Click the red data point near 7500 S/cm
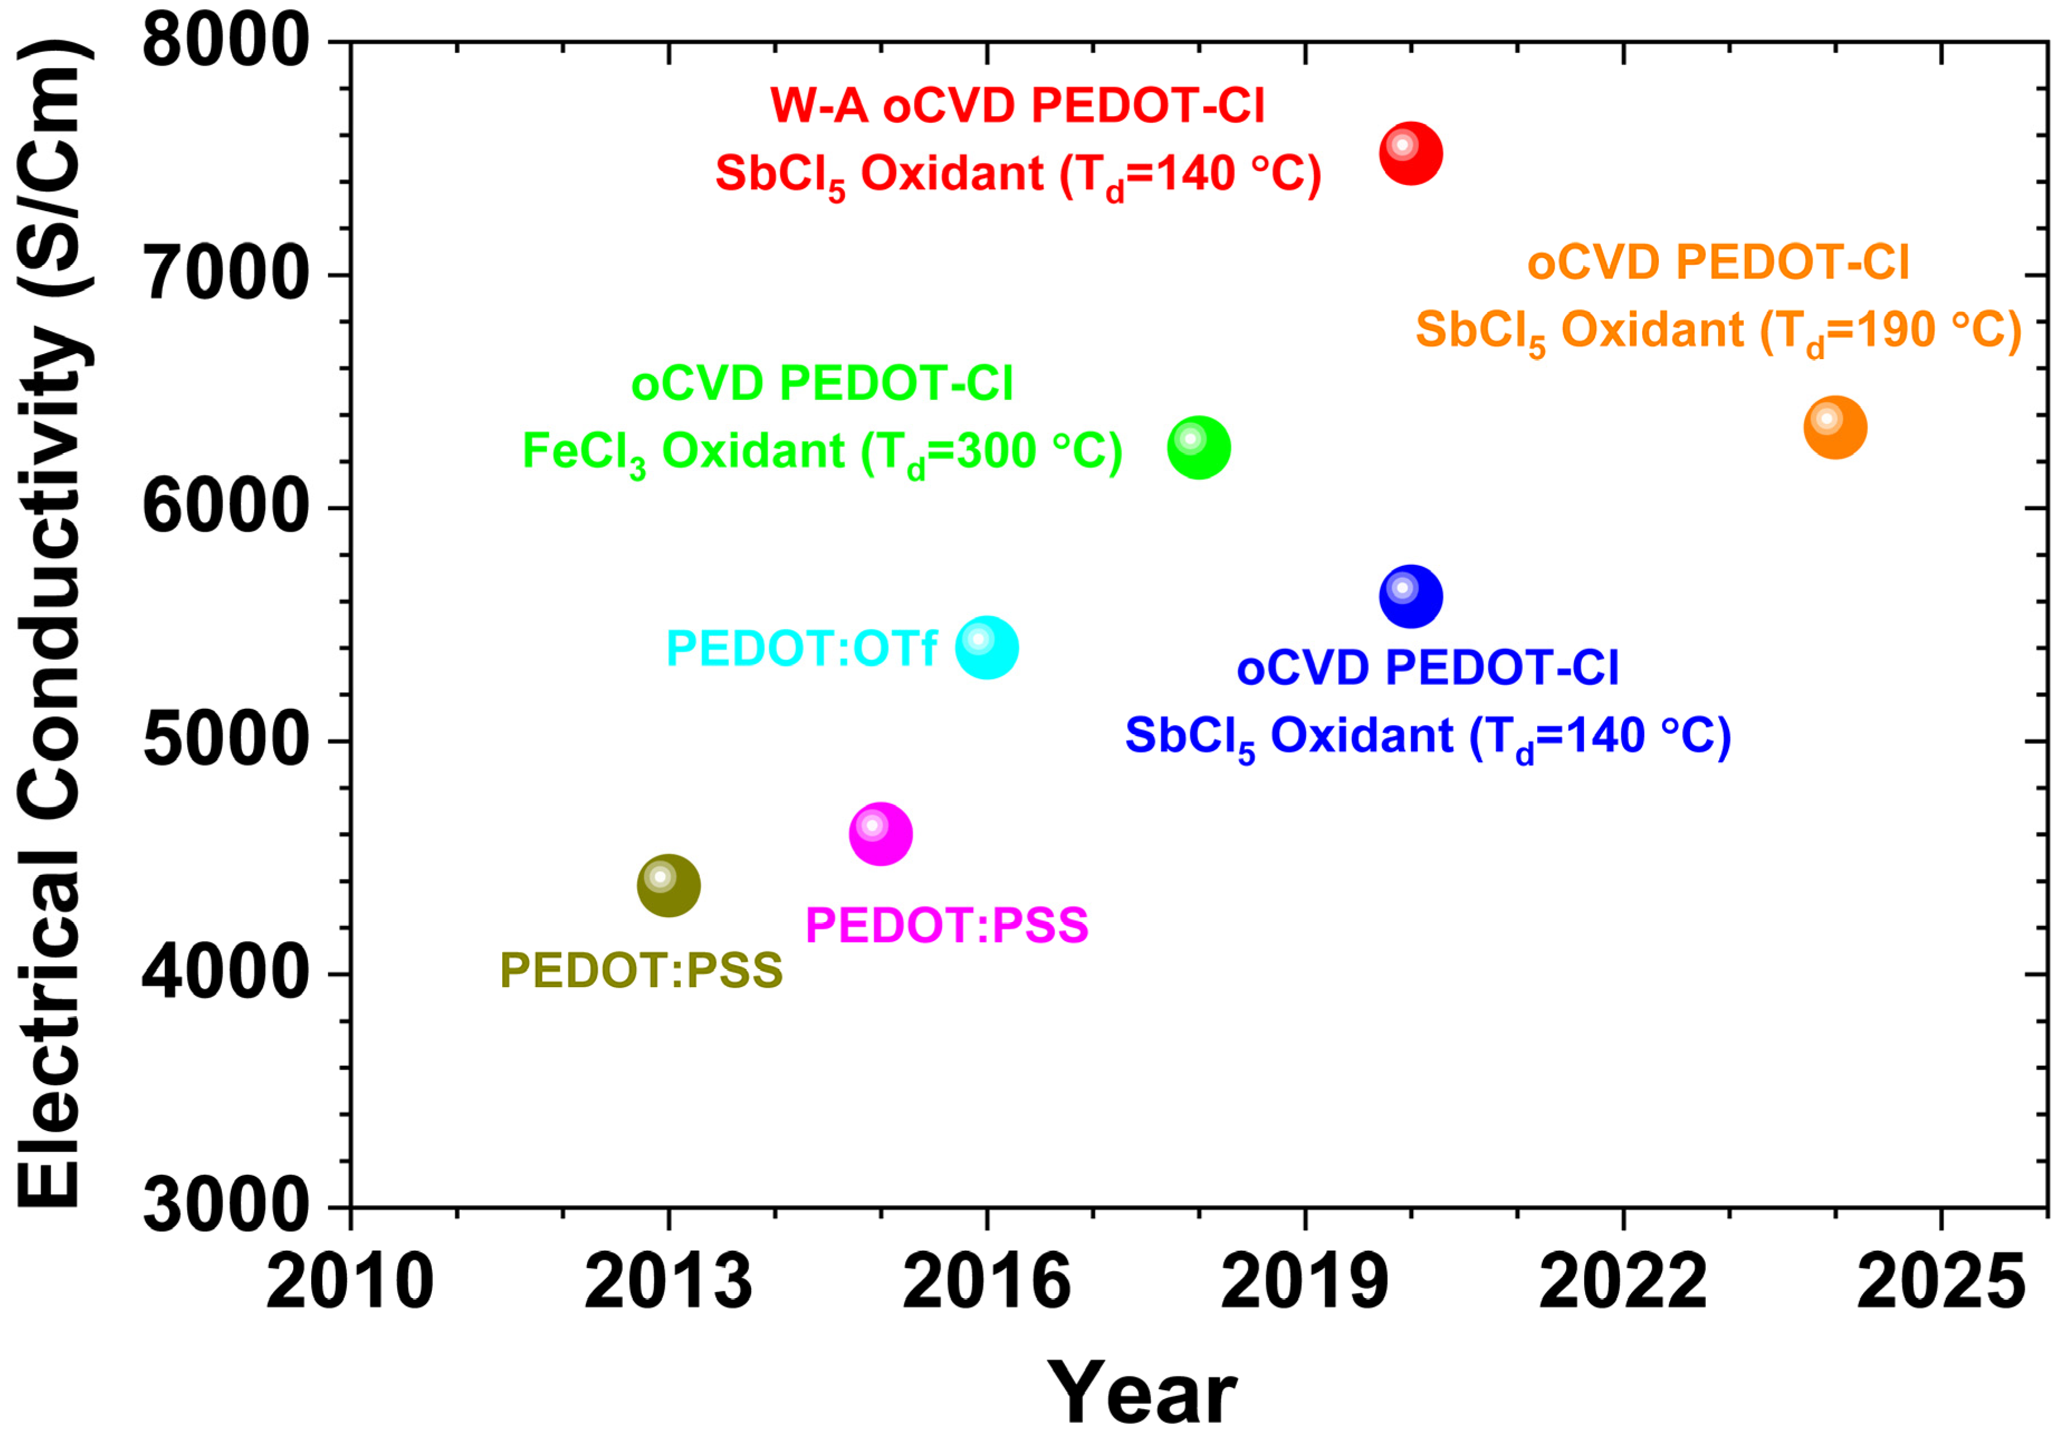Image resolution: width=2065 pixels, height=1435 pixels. click(x=1410, y=153)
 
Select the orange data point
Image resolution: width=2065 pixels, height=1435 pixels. click(x=1835, y=427)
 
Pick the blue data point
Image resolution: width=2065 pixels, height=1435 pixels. click(x=1410, y=596)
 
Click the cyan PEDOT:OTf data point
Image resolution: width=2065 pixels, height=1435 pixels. click(x=986, y=647)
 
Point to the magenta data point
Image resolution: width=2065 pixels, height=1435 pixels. click(x=880, y=833)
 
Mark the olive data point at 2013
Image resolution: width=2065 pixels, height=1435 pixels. click(x=668, y=886)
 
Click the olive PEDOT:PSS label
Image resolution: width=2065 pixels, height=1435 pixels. click(x=641, y=970)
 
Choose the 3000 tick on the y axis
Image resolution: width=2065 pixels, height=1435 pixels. click(x=225, y=1206)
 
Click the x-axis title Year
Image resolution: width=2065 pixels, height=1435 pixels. click(x=1142, y=1393)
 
